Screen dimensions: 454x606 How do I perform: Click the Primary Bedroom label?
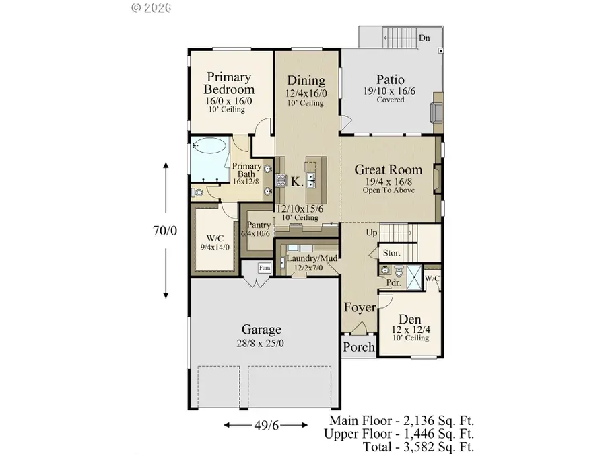tap(230, 83)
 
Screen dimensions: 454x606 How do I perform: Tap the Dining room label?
tap(306, 81)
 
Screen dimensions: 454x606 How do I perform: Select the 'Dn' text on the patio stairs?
tap(424, 38)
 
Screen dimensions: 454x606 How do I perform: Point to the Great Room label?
tap(389, 170)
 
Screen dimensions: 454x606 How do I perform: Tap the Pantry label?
tap(259, 225)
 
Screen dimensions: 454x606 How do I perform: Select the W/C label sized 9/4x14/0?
tap(215, 237)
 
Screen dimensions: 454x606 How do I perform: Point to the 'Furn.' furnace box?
tap(265, 268)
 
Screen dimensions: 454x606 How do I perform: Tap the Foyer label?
tap(360, 308)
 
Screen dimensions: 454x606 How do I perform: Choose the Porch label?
tap(358, 348)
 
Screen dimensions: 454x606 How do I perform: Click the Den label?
tap(409, 319)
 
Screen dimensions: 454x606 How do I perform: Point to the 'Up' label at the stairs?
tap(371, 233)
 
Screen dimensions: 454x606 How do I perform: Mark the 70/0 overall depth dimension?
tap(166, 231)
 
